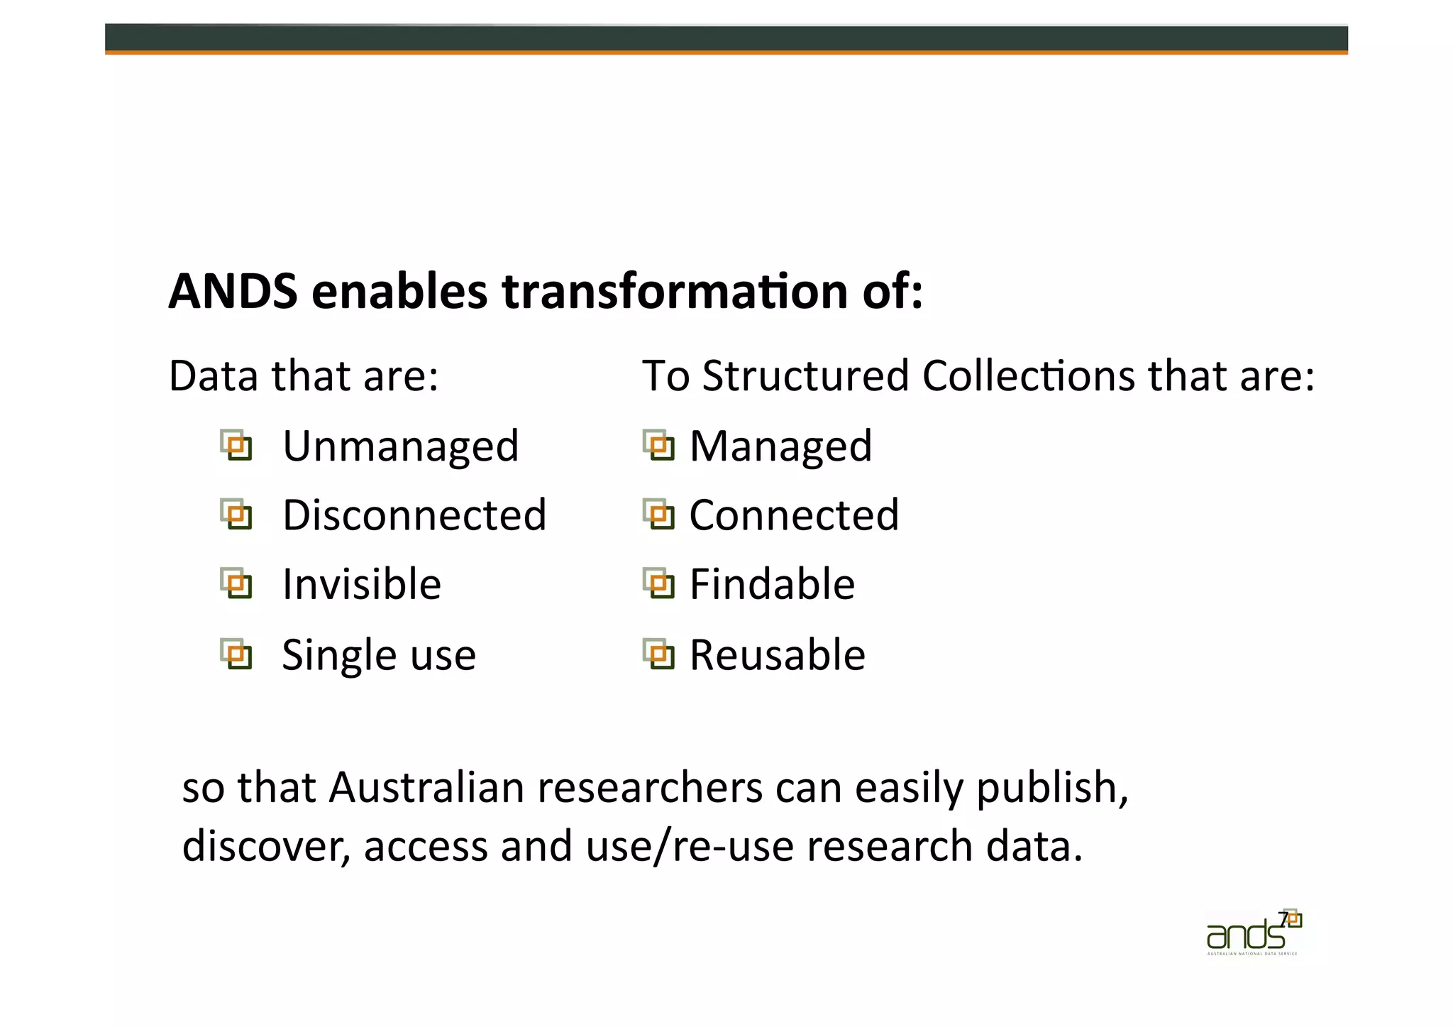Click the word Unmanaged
401,446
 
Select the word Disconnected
414,515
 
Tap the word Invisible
362,585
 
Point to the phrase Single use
379,654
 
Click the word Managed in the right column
780,446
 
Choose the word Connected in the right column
794,515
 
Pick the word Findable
772,585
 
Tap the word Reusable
778,654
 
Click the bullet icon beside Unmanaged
236,446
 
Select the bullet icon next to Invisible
236,583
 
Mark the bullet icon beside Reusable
658,654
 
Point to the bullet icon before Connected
658,515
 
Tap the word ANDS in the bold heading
233,292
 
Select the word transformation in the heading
675,292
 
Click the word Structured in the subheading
805,375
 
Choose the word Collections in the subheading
1029,375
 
